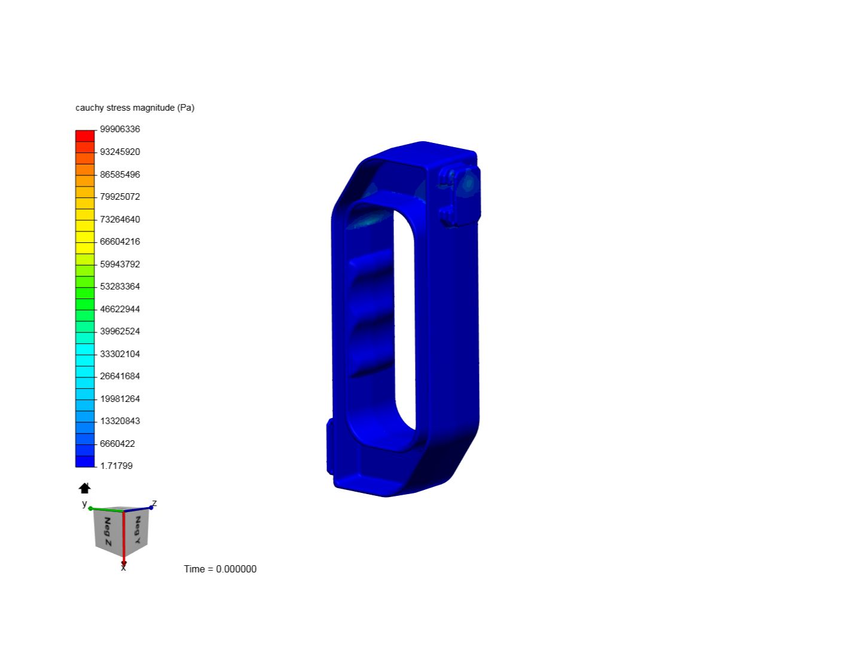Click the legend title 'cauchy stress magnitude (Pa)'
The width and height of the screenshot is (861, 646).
pyautogui.click(x=135, y=108)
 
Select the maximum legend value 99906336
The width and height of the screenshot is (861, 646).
pyautogui.click(x=120, y=129)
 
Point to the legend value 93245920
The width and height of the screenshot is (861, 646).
pyautogui.click(x=120, y=152)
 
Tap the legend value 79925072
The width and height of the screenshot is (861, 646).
pyautogui.click(x=120, y=197)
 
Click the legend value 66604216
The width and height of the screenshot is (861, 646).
pyautogui.click(x=120, y=242)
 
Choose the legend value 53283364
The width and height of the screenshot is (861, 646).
pyautogui.click(x=120, y=287)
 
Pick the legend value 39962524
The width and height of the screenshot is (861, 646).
pyautogui.click(x=120, y=331)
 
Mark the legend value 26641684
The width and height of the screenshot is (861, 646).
pyautogui.click(x=120, y=376)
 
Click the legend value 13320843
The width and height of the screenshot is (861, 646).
pyautogui.click(x=120, y=421)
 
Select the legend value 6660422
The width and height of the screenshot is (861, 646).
pyautogui.click(x=117, y=444)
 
